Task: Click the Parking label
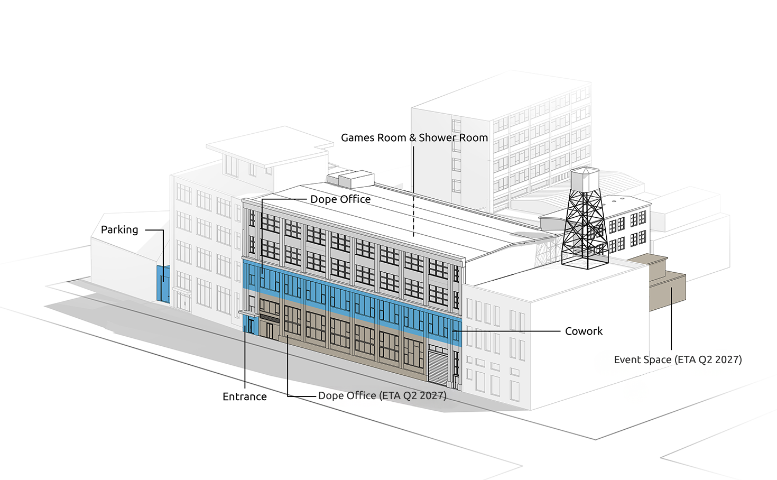coord(119,230)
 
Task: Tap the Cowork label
coord(584,331)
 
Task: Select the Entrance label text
coord(245,396)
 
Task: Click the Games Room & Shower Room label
coord(414,137)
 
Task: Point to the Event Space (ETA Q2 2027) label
coord(678,359)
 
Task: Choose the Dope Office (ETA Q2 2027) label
coord(382,396)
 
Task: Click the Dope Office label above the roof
coord(340,199)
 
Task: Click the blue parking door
coord(163,284)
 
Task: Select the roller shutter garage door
coord(438,366)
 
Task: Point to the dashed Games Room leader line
coord(413,191)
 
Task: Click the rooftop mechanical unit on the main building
coord(350,179)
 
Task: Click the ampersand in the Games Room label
coord(412,137)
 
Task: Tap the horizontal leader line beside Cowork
coord(506,331)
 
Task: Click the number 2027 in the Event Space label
coord(726,359)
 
